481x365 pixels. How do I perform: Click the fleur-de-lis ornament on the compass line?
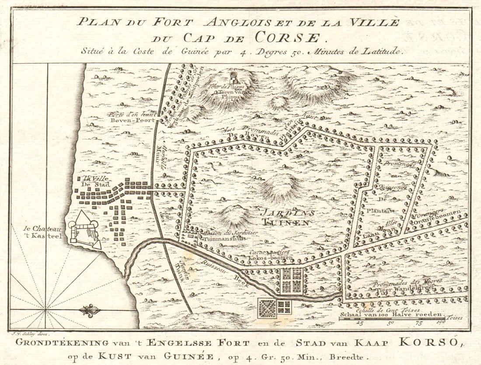90,311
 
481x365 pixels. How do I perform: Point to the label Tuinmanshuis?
223,239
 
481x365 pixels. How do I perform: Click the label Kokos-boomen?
270,258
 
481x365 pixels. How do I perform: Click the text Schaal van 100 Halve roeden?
392,315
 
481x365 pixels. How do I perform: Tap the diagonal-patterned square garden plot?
267,308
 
